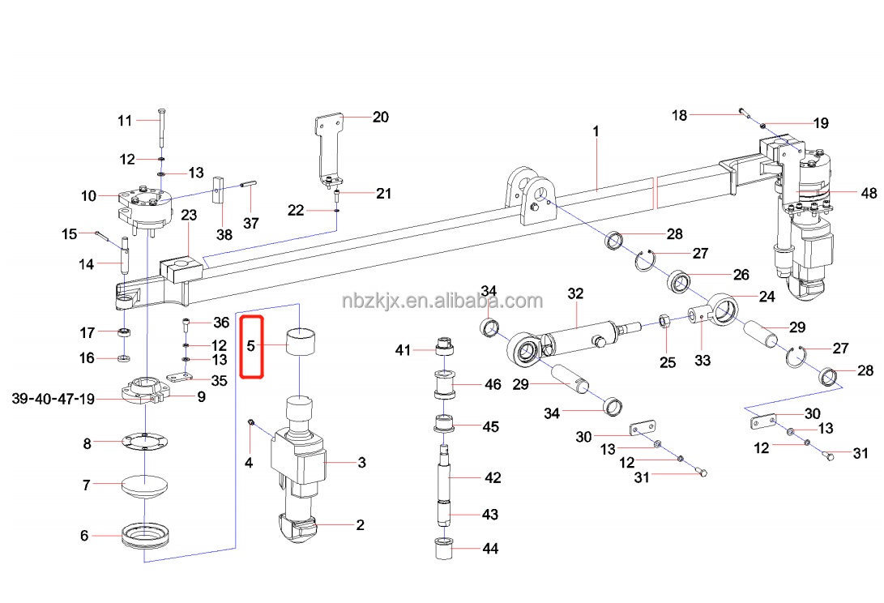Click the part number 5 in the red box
coord(251,346)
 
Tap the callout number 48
coord(847,193)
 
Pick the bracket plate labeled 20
coord(327,146)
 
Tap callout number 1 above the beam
coord(596,130)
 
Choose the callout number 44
coord(489,549)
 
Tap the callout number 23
coord(189,215)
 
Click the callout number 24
coord(767,297)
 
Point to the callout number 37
coord(251,224)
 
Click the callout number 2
coord(361,525)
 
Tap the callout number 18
coord(679,116)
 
